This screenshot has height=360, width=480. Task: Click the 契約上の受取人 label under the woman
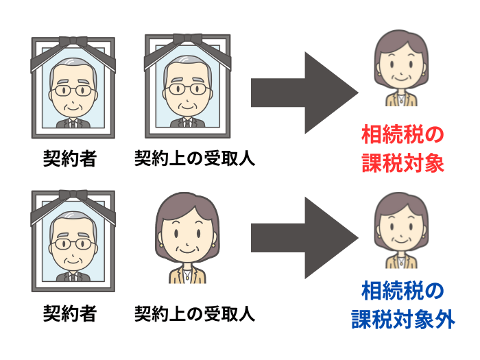194,315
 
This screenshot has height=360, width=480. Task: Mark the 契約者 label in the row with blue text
70,315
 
